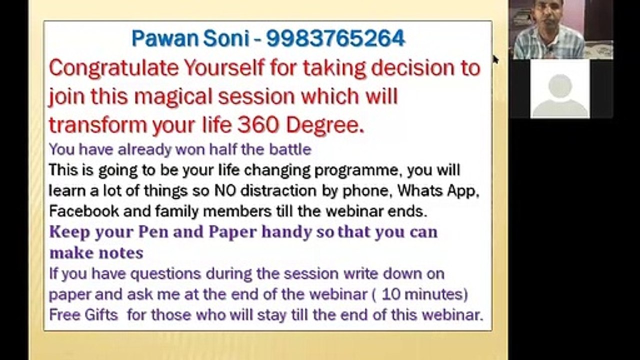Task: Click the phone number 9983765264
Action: [335, 38]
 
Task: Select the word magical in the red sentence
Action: [173, 97]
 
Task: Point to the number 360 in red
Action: [258, 125]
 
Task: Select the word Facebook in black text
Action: [84, 211]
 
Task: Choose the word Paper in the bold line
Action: [233, 232]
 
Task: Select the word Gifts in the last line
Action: [101, 315]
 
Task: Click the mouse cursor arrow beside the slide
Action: [495, 60]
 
